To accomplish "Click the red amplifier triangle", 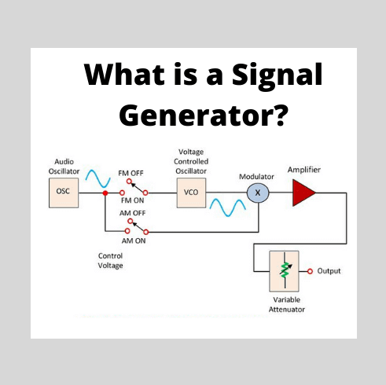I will tap(303, 191).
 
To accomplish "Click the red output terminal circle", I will tap(311, 271).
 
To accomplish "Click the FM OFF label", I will tap(131, 171).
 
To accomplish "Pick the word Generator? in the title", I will tap(202, 114).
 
